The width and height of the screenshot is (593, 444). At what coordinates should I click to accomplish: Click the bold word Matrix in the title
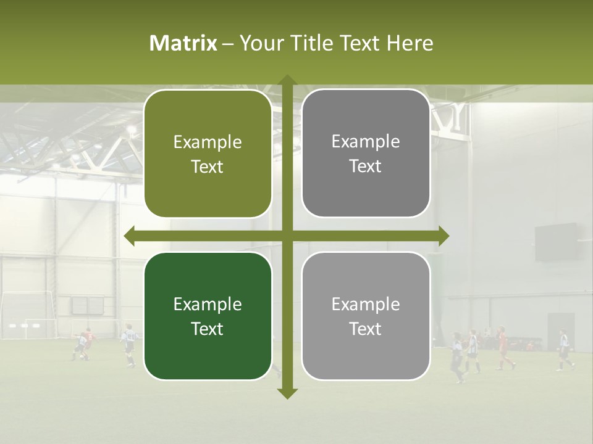[183, 43]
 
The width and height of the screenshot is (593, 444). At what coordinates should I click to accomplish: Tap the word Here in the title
[410, 43]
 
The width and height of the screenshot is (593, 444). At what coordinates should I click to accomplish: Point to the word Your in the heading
[258, 43]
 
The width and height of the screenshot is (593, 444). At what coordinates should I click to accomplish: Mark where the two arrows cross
[287, 236]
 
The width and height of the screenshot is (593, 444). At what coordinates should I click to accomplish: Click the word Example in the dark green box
[208, 304]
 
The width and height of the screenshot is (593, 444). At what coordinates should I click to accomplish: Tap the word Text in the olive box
[208, 166]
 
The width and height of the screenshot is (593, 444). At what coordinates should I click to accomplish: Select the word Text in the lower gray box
[366, 329]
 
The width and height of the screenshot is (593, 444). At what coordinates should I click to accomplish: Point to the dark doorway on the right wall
[560, 331]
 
